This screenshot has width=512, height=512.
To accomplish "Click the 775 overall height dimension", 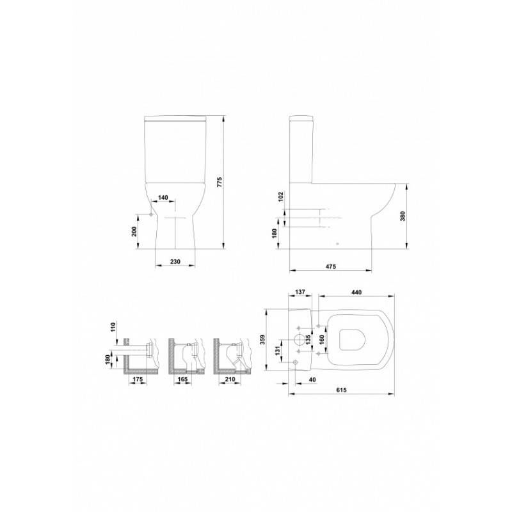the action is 220,182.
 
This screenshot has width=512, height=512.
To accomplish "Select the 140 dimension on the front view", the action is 163,198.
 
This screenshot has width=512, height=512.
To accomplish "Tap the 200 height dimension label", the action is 134,231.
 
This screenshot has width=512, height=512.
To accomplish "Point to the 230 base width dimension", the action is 175,261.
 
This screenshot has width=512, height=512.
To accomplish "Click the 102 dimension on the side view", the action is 281,196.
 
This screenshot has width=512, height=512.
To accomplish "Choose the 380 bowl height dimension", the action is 403,216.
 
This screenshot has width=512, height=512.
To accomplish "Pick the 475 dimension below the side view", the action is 330,266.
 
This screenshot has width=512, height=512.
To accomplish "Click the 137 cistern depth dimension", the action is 300,292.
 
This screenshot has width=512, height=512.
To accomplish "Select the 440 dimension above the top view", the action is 356,292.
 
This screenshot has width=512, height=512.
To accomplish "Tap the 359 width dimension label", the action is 263,340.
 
